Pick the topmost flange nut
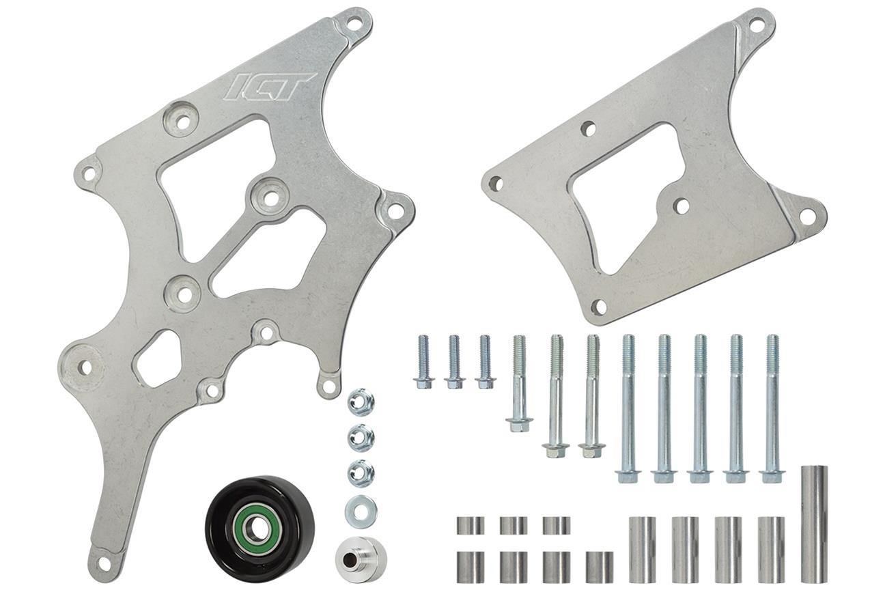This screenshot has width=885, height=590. [x=361, y=402]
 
